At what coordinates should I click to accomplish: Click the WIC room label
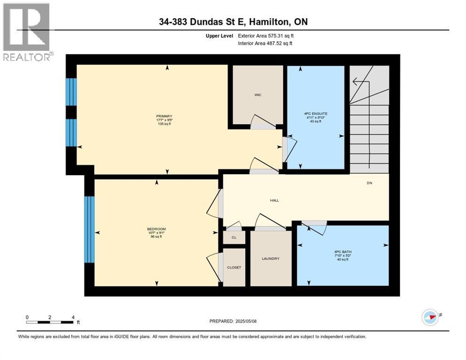coord(258,95)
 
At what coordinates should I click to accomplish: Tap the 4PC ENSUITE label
coord(311,112)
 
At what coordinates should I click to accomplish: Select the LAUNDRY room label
coord(271,258)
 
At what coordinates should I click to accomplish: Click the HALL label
coord(274,200)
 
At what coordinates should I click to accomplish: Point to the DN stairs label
coord(369,183)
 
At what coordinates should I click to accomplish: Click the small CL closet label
coord(234,238)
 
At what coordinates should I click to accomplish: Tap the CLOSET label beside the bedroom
coord(234,267)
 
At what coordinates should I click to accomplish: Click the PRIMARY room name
coord(165,116)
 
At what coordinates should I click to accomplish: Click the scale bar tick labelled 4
coord(73,317)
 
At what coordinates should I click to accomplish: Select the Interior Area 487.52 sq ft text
coord(265,44)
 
